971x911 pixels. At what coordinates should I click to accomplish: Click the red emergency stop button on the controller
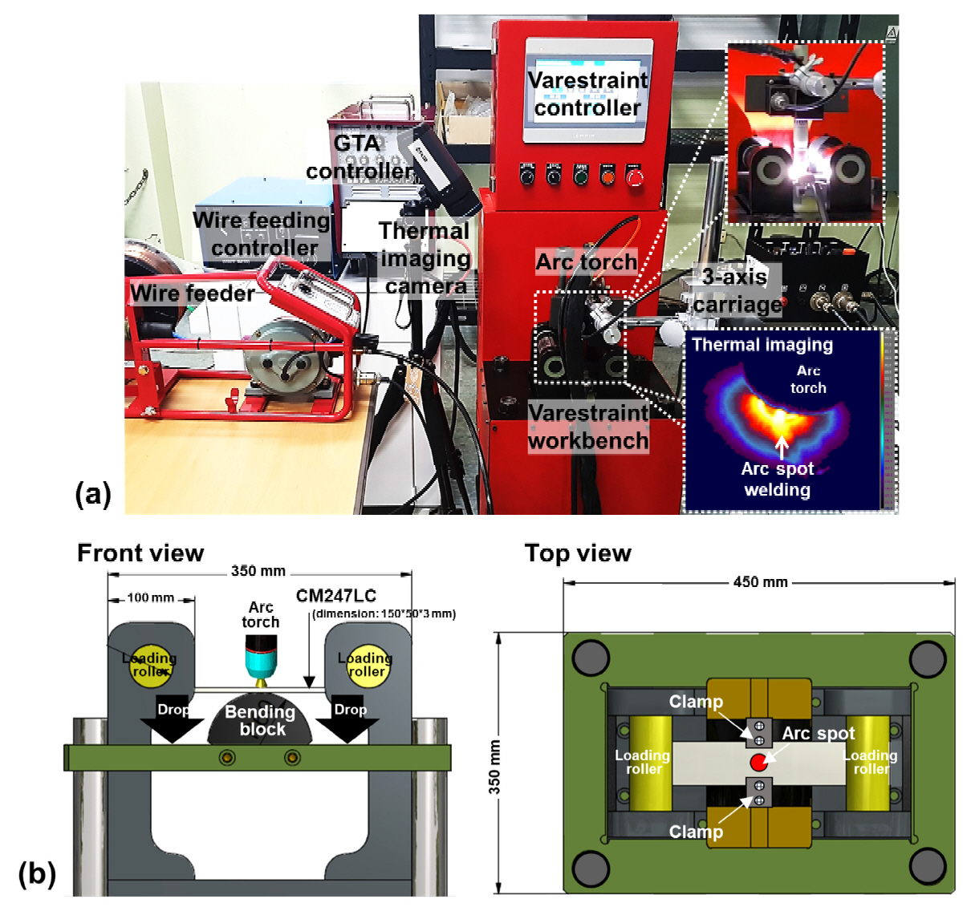coord(634,176)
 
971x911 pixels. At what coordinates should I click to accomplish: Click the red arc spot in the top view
coord(758,761)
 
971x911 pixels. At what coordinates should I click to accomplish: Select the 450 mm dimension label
coord(760,582)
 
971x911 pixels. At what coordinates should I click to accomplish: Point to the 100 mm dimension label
coord(150,597)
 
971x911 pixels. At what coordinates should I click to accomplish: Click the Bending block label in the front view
coord(260,720)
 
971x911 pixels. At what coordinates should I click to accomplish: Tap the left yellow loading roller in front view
coord(150,665)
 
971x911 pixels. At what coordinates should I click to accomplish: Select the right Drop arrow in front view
coord(348,719)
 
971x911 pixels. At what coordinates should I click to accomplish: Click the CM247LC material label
coord(335,596)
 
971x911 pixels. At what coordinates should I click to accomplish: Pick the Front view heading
coord(140,553)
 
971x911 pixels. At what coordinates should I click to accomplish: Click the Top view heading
coord(578,553)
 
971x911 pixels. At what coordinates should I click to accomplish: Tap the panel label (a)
coord(93,493)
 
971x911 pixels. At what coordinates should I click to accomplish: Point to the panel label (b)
coord(37,873)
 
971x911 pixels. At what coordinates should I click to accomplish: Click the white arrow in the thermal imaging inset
coord(782,446)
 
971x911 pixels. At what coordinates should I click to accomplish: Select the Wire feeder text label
coord(193,294)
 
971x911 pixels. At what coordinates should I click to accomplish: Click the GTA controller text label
coord(358,157)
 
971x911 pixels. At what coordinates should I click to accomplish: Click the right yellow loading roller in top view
coord(869,762)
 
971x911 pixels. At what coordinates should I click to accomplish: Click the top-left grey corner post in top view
coord(591,658)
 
